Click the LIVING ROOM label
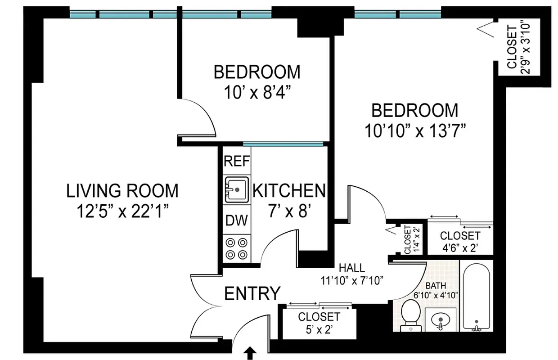point(122,191)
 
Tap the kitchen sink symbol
point(237,190)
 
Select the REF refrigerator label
point(237,161)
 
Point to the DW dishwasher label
point(237,220)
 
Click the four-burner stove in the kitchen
point(237,248)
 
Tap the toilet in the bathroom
point(410,315)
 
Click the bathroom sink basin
point(440,320)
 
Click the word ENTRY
point(252,293)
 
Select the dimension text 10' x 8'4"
point(256,93)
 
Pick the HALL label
point(352,268)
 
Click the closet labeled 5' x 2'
point(319,323)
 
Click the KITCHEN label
point(288,191)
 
